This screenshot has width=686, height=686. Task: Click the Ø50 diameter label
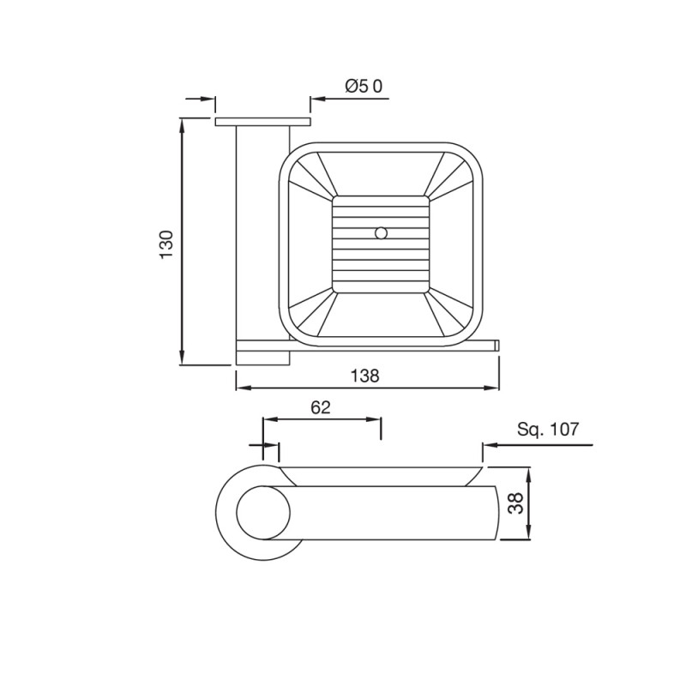(x=364, y=87)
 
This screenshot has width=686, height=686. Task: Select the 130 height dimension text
(x=166, y=244)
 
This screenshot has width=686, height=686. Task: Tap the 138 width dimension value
(x=365, y=376)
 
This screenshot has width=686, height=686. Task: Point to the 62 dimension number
(x=321, y=407)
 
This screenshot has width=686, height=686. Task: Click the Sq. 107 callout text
(x=548, y=430)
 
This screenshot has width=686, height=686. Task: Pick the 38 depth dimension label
(x=516, y=503)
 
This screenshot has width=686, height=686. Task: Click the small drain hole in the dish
(x=381, y=233)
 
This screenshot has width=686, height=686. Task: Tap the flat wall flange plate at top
(x=262, y=121)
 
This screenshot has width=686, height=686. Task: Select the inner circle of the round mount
(x=263, y=513)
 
